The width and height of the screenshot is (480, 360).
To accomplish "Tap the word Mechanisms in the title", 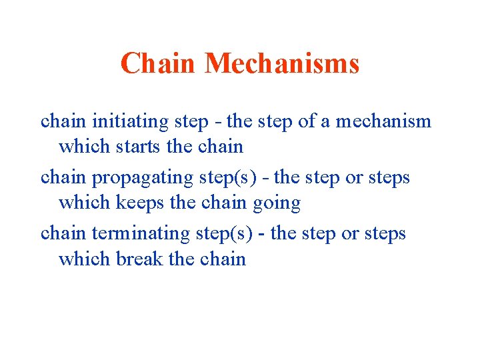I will [282, 64].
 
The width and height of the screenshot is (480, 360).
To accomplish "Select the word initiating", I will [121, 121].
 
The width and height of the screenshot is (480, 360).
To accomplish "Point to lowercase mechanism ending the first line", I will [383, 121].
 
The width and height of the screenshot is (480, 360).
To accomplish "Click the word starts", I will [138, 146].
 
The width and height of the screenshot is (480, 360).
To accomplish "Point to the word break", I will [139, 259].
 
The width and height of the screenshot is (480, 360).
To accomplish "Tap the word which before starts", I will [83, 146].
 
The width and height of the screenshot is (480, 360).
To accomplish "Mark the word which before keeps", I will [83, 203].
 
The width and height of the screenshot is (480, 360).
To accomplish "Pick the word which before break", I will [83, 259].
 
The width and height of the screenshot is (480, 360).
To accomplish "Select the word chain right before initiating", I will [63, 121].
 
